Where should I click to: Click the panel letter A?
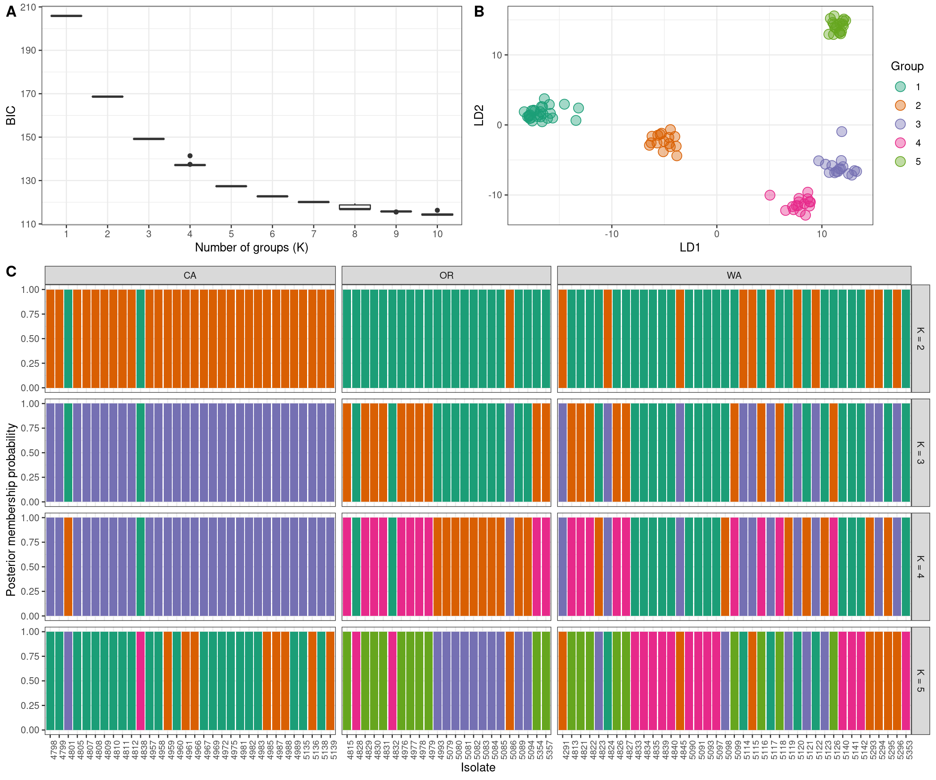pos(11,12)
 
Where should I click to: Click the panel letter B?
pos(479,12)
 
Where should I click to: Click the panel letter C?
pos(11,271)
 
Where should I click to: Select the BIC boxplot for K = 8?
pos(355,207)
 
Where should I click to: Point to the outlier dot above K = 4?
pos(190,156)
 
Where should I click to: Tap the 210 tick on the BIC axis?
pos(28,7)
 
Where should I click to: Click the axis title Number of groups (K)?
pos(251,247)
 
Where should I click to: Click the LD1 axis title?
pos(689,247)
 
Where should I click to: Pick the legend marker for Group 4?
pos(900,143)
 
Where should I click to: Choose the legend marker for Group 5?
pos(900,161)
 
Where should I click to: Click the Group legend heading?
pos(907,66)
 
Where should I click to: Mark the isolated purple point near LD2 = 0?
pos(841,132)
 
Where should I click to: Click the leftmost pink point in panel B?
pos(770,195)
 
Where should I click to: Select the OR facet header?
pos(446,275)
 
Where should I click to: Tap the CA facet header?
pos(190,275)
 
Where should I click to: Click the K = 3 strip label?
pos(920,453)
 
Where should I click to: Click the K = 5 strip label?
pos(920,680)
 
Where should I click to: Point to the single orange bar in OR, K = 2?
pos(510,339)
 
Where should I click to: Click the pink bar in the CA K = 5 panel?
pos(141,680)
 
